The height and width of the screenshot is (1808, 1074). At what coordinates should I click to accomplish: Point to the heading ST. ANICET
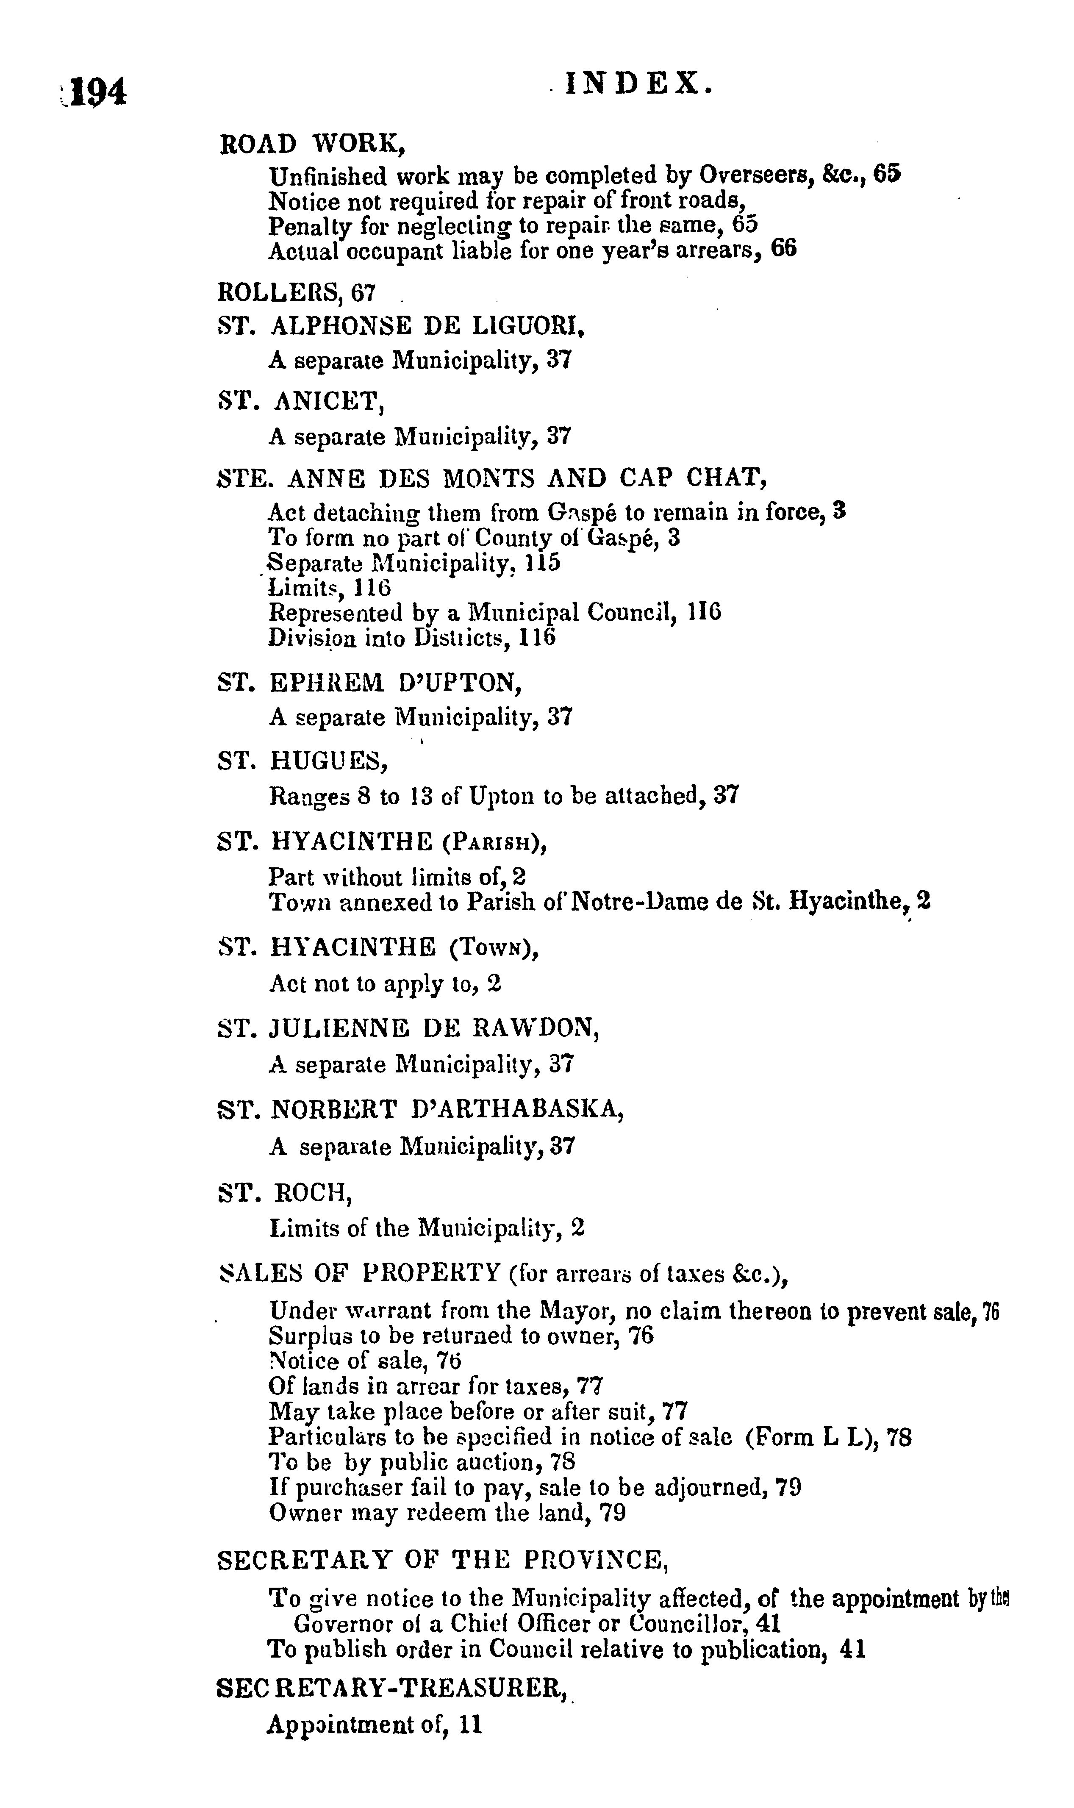tap(300, 400)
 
